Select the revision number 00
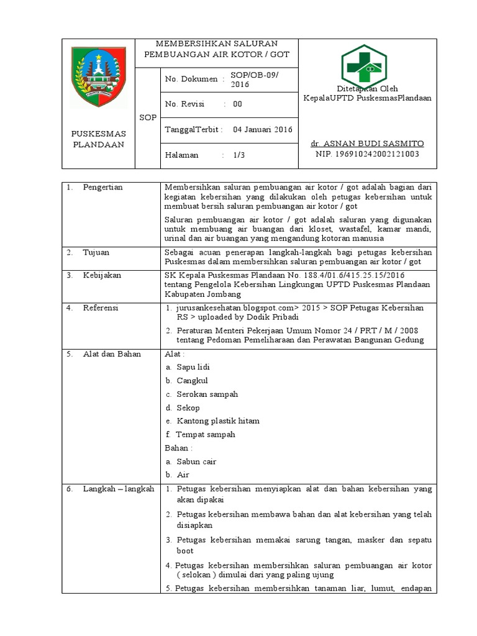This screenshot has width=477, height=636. point(237,104)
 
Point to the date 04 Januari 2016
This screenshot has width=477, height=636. point(262,129)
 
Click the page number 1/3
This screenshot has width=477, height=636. point(239,155)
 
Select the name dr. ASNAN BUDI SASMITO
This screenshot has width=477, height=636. point(367,143)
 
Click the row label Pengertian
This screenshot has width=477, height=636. point(102,187)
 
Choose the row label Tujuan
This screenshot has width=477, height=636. point(98,252)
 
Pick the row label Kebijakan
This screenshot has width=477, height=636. point(102,275)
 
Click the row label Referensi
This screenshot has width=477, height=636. point(101,307)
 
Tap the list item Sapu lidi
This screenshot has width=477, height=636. point(193,367)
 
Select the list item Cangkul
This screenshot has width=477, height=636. point(192,380)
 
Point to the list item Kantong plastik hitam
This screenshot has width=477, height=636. point(217,420)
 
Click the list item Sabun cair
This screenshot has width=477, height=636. point(196,461)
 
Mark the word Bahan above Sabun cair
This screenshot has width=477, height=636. point(177,448)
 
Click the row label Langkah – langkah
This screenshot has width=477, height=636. point(118,489)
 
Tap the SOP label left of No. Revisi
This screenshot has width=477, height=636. point(148,117)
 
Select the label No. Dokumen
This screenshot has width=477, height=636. point(191,79)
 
